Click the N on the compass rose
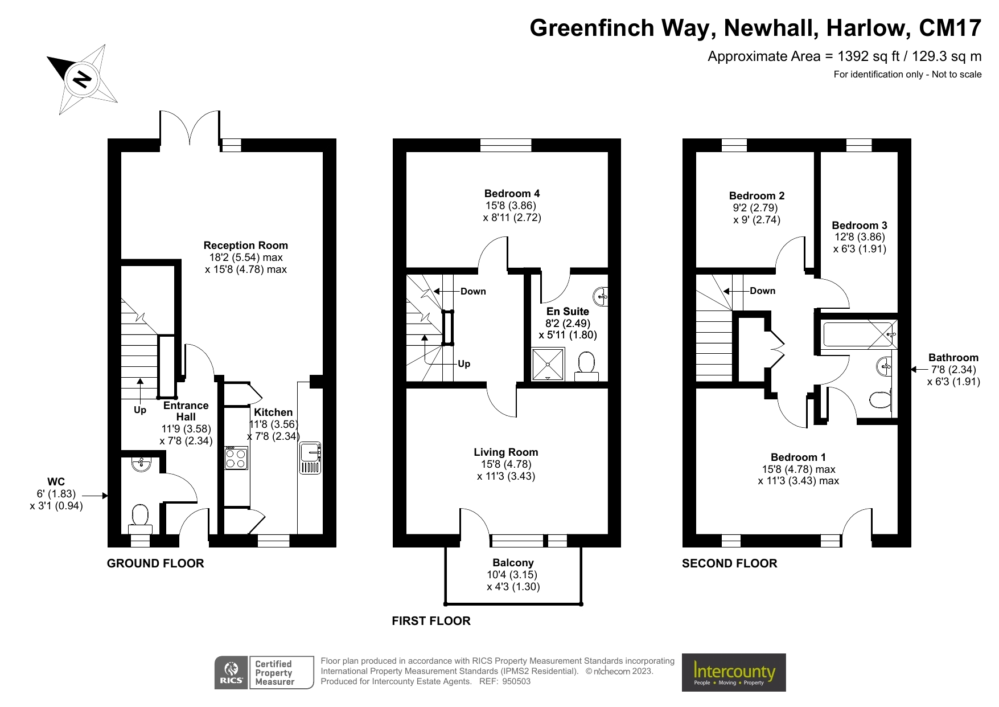coord(83,79)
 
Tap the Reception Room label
coord(245,246)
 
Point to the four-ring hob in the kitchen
coord(236,457)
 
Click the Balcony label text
coord(513,563)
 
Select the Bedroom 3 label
coord(859,225)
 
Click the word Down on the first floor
coord(473,291)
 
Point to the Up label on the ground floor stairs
coord(140,410)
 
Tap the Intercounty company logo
coord(733,673)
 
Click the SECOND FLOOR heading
coord(729,563)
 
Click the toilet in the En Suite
coord(586,365)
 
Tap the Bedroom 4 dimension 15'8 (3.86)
coord(511,206)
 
